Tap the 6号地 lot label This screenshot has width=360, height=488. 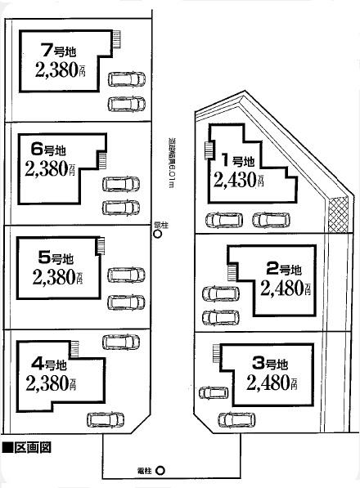[48, 150]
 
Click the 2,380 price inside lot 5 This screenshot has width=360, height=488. [58, 276]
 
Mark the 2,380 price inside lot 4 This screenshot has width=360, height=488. [51, 383]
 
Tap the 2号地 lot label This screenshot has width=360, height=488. [284, 268]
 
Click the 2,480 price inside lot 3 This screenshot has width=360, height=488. [271, 383]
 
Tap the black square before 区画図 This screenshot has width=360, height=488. [7, 447]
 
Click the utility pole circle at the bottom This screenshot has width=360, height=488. [160, 470]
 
